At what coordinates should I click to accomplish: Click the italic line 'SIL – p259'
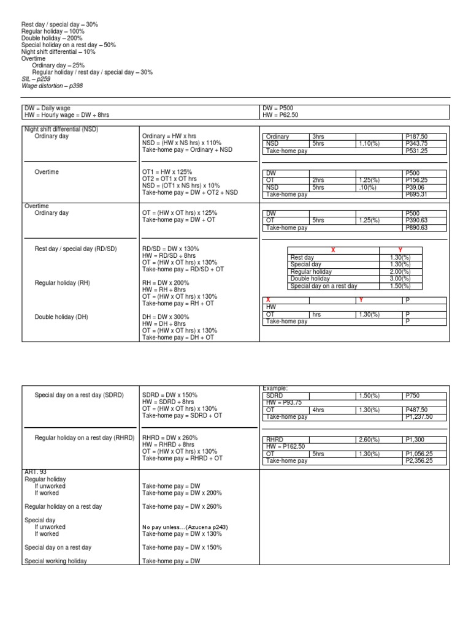coord(36,79)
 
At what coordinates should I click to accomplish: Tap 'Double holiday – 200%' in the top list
coord(52,38)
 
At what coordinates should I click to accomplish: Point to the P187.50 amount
coord(416,137)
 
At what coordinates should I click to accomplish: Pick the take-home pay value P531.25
coord(416,150)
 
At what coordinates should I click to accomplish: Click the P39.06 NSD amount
coord(415,187)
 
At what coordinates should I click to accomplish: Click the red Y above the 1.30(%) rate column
coord(400,250)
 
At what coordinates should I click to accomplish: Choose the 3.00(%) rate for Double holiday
coord(400,279)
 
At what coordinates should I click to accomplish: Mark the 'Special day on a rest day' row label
coord(323,286)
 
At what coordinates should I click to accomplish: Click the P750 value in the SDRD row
coord(413,396)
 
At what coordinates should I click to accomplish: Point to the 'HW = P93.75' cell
coord(283,402)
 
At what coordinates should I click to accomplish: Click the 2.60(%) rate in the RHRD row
coord(369,440)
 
